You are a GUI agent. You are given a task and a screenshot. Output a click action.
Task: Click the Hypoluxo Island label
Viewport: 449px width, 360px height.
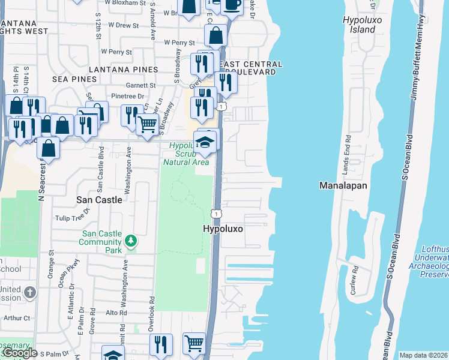tap(359, 25)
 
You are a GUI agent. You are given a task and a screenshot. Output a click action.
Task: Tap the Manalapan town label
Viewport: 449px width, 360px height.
tap(343, 185)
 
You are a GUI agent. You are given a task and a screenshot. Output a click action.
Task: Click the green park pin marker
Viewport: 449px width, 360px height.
tap(131, 242)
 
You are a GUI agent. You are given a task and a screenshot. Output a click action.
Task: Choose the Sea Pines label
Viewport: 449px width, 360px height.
tap(74, 79)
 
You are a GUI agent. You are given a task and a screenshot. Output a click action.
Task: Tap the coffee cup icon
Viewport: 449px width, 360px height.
tap(231, 4)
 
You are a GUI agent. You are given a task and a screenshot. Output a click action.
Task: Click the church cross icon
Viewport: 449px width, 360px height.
tap(30, 293)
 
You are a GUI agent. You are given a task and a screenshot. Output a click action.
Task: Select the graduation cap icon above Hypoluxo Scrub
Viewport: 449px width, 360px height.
tap(205, 142)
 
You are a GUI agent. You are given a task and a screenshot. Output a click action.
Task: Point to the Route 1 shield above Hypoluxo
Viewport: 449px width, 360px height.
tap(214, 214)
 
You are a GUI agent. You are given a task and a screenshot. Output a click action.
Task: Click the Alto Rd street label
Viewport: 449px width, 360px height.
tap(116, 313)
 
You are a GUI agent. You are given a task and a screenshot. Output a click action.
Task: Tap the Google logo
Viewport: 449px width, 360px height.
tap(19, 353)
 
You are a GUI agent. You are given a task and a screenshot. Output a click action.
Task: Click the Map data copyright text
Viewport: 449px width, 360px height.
tap(423, 355)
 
